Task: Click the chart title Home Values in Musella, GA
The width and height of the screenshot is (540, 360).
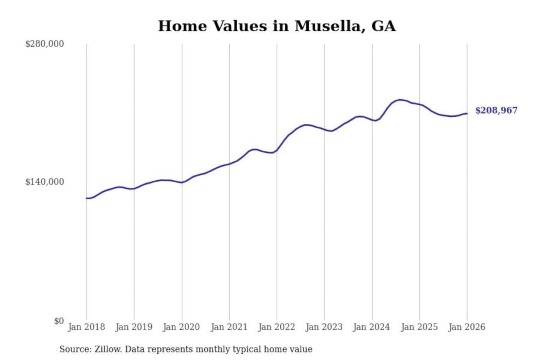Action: click(277, 26)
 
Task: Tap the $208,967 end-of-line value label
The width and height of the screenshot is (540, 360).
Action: click(496, 110)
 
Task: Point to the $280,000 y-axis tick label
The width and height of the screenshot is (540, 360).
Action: click(45, 44)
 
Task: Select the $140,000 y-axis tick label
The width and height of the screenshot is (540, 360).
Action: click(45, 182)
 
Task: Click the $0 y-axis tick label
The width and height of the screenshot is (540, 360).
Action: click(59, 321)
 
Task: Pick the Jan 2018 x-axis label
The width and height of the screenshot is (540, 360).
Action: click(86, 327)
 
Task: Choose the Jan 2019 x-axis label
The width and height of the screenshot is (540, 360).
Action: click(134, 327)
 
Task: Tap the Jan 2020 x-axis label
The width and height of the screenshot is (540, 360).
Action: click(181, 327)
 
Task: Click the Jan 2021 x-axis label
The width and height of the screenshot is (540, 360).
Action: click(229, 327)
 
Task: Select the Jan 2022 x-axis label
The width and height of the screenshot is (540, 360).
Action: click(277, 327)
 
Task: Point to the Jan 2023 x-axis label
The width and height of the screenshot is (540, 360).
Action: click(324, 327)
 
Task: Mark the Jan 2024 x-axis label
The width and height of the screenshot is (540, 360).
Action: click(372, 327)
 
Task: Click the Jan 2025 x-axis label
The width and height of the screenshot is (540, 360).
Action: click(419, 327)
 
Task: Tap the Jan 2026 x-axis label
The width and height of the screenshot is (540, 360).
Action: click(467, 327)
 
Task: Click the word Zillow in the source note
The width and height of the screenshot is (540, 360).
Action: click(108, 349)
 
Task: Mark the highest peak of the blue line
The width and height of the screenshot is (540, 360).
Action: click(400, 100)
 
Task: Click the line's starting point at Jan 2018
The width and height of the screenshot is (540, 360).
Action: click(87, 198)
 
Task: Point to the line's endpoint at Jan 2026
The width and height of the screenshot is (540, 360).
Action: click(467, 113)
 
